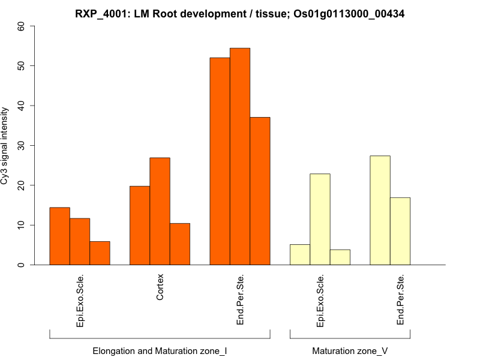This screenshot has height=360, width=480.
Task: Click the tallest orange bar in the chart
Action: pos(240,156)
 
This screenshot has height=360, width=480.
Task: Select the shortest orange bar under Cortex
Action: pos(180,244)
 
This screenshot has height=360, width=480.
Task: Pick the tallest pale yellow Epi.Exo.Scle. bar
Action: pos(320,220)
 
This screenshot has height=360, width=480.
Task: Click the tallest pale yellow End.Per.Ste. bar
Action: pos(380,210)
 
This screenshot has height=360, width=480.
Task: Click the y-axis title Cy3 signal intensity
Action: pos(7,146)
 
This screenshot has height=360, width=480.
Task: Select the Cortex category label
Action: pos(160,288)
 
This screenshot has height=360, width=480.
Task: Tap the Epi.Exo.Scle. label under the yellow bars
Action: pos(320,301)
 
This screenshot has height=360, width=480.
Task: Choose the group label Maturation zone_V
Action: pos(350,350)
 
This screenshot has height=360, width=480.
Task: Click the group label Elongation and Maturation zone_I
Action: pos(160,350)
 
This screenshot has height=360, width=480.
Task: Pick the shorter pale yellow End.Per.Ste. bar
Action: pos(400,231)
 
